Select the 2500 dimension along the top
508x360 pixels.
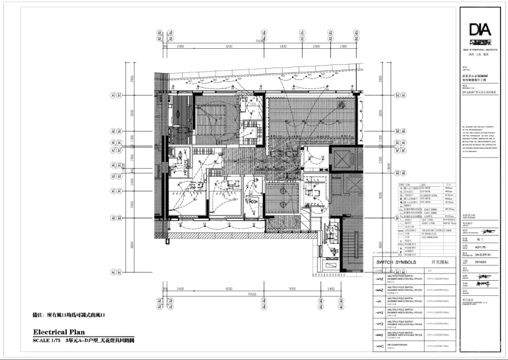coord(316,46)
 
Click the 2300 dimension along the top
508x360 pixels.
coord(343,46)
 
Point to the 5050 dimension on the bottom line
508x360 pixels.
coord(292,289)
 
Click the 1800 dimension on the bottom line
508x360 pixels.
coord(332,289)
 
